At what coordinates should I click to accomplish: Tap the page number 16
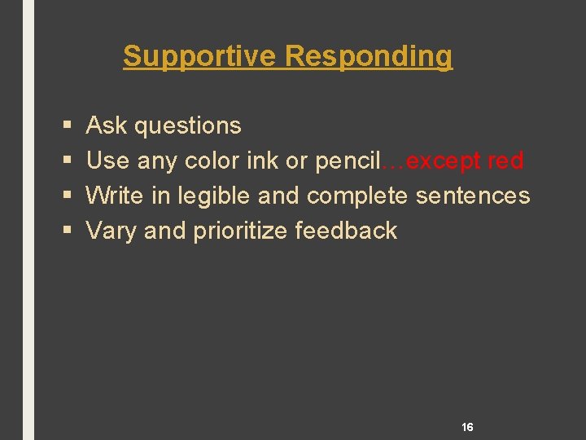pyautogui.click(x=467, y=427)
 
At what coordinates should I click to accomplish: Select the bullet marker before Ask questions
pyautogui.click(x=65, y=126)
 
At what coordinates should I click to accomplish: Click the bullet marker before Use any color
pyautogui.click(x=65, y=161)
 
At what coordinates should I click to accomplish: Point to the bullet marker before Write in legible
pyautogui.click(x=65, y=196)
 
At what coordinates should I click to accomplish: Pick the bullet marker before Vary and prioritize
pyautogui.click(x=65, y=231)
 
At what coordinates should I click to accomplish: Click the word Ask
pyautogui.click(x=106, y=125)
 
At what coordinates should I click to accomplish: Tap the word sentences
pyautogui.click(x=473, y=196)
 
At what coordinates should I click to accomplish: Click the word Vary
pyautogui.click(x=112, y=231)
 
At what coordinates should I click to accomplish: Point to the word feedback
pyautogui.click(x=346, y=231)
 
